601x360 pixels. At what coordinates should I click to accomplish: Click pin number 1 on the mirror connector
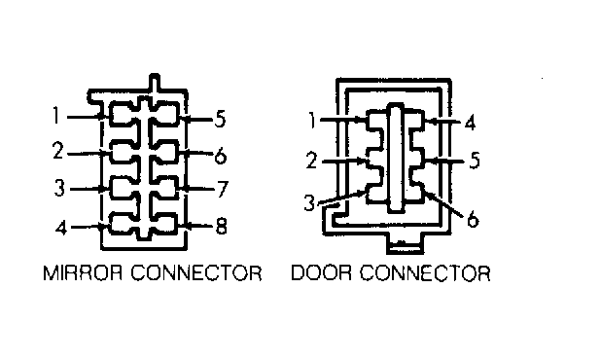point(56,116)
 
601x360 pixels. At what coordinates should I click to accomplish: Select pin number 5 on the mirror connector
point(220,119)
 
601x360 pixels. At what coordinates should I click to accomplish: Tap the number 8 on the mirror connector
point(221,226)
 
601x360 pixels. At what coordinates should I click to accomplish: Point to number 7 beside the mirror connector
point(223,189)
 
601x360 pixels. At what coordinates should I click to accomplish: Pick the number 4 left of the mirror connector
point(61,228)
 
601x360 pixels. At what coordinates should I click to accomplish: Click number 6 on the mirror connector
point(221,156)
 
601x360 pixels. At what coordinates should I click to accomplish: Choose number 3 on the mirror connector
point(59,188)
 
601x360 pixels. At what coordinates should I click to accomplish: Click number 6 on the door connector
point(473,219)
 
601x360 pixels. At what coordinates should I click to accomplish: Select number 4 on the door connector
point(470,123)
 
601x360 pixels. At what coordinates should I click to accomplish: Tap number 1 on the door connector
point(313,121)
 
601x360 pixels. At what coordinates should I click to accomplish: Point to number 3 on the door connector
point(309,202)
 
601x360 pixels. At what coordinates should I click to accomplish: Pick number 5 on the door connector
point(475,161)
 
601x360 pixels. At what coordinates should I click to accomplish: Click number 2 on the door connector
point(312,161)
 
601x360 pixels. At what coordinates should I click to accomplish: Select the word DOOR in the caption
point(321,273)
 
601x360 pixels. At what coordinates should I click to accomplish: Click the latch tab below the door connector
point(405,244)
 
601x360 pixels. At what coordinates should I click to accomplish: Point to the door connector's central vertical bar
point(396,158)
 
